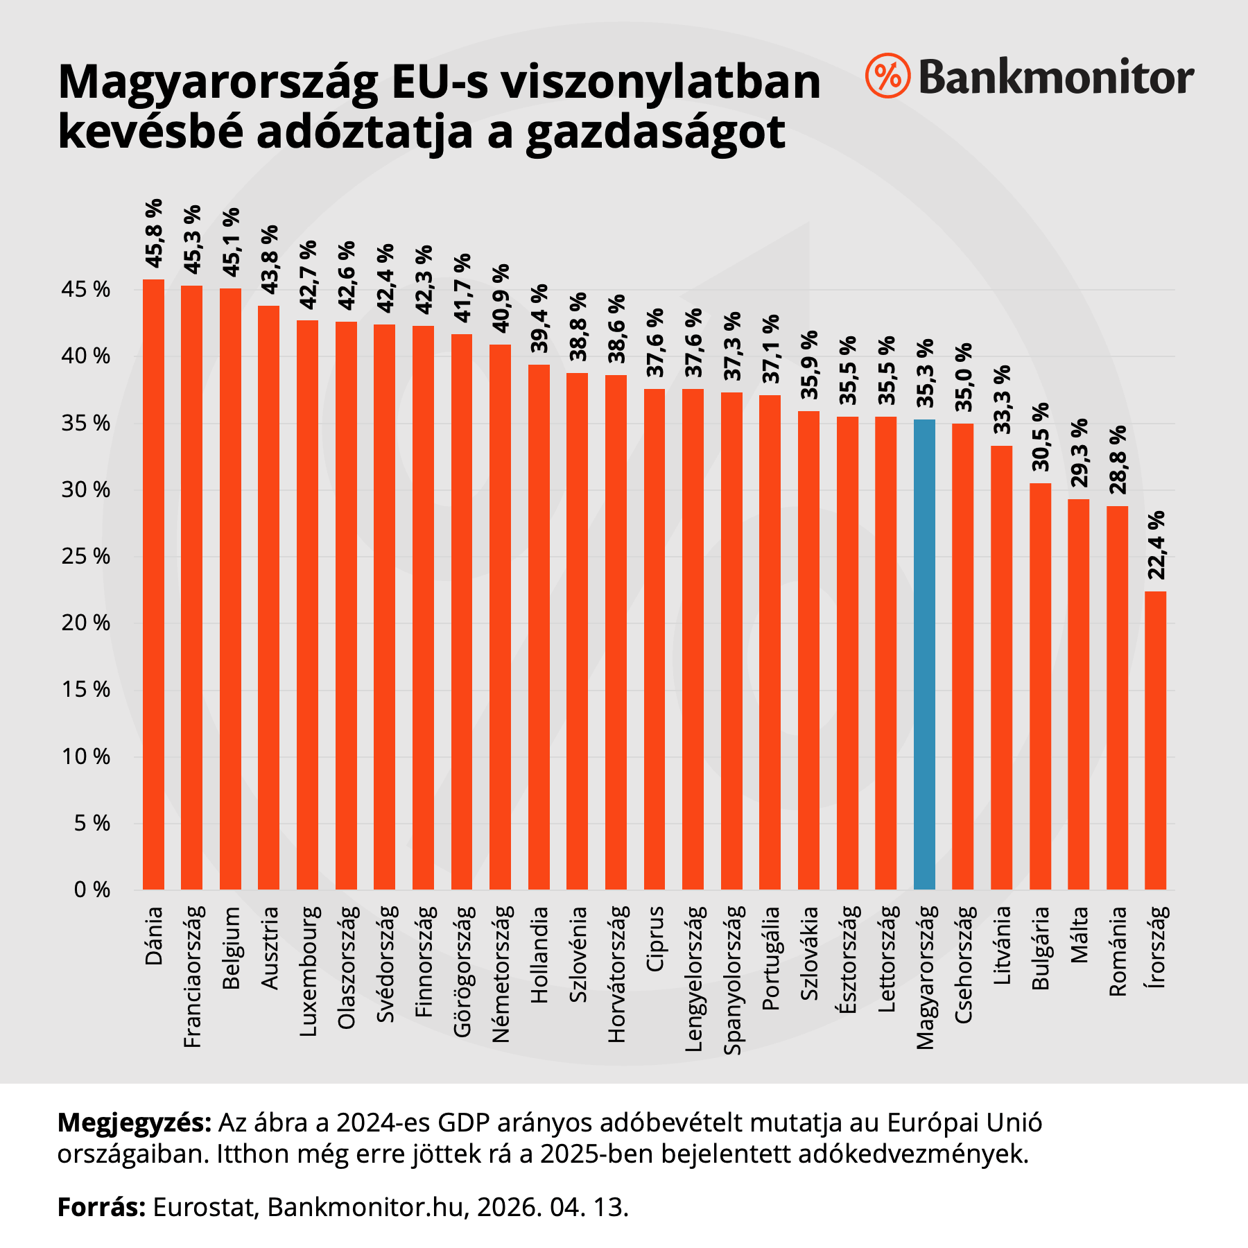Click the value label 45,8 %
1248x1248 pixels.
pos(154,233)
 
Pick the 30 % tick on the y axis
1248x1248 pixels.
pos(86,490)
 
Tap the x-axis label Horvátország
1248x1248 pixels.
pos(616,973)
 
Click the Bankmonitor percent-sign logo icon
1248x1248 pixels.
pos(887,75)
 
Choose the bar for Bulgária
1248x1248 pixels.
pos(1040,686)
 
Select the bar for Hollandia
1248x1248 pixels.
pos(539,627)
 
